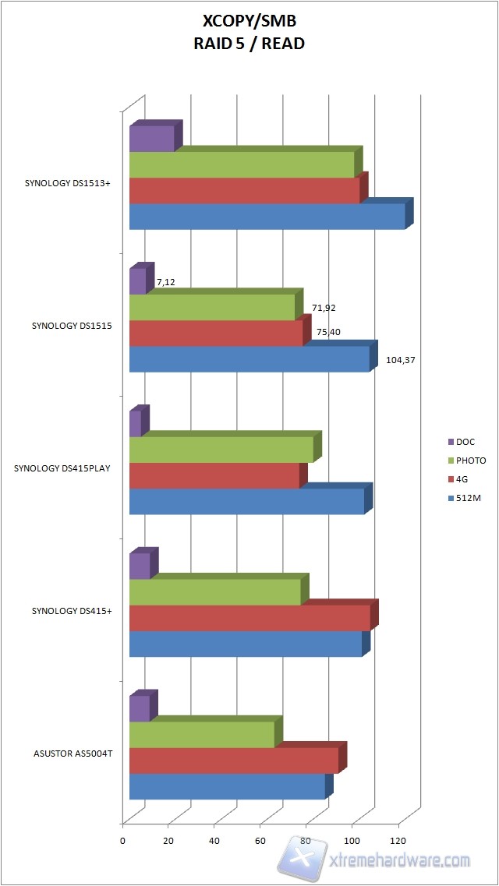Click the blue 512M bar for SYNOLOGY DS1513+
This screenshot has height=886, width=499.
267,217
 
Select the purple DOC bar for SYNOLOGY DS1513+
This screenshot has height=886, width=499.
151,139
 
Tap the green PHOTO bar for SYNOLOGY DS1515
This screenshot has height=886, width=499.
211,307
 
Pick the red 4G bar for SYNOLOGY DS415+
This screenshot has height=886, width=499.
249,618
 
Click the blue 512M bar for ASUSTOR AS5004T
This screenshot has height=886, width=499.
226,786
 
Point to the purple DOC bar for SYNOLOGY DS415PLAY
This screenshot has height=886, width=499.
135,423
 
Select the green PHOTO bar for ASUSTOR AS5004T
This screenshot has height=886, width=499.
201,735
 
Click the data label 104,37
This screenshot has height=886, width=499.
402,361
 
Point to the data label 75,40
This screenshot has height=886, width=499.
328,332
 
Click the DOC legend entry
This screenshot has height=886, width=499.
465,442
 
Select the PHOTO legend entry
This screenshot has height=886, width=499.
470,461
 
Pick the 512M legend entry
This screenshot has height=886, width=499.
469,498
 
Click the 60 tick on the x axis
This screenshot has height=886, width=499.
260,841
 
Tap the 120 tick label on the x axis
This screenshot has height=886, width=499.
399,841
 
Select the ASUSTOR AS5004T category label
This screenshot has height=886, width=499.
73,754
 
